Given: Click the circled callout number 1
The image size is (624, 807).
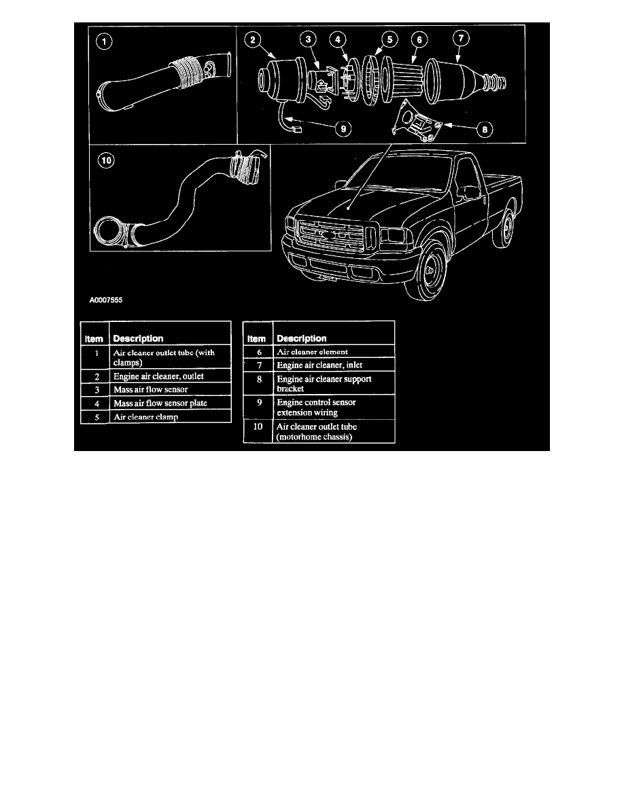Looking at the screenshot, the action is click(104, 41).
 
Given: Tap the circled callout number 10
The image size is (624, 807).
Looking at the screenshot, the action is click(106, 160).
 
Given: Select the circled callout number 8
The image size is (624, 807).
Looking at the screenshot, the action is click(485, 129).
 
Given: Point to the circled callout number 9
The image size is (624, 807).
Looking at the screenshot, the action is click(343, 128).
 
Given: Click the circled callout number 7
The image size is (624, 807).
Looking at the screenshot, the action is click(461, 37).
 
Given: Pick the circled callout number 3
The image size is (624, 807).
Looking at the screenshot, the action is click(308, 39).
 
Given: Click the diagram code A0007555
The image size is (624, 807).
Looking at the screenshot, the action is click(106, 300).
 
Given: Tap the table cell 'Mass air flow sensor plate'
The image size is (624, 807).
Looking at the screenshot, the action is click(160, 403).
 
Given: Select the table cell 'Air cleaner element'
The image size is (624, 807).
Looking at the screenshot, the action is click(313, 352).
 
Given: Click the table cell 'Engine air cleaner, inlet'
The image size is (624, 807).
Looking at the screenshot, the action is click(319, 365).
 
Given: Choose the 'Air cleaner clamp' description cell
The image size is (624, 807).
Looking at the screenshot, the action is click(145, 417).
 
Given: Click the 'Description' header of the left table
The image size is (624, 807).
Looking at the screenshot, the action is click(138, 338).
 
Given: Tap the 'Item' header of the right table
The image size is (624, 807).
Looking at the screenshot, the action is click(256, 339).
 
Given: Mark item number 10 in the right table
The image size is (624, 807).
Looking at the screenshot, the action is click(258, 427).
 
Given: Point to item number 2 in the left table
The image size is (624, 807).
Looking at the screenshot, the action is click(97, 377).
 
